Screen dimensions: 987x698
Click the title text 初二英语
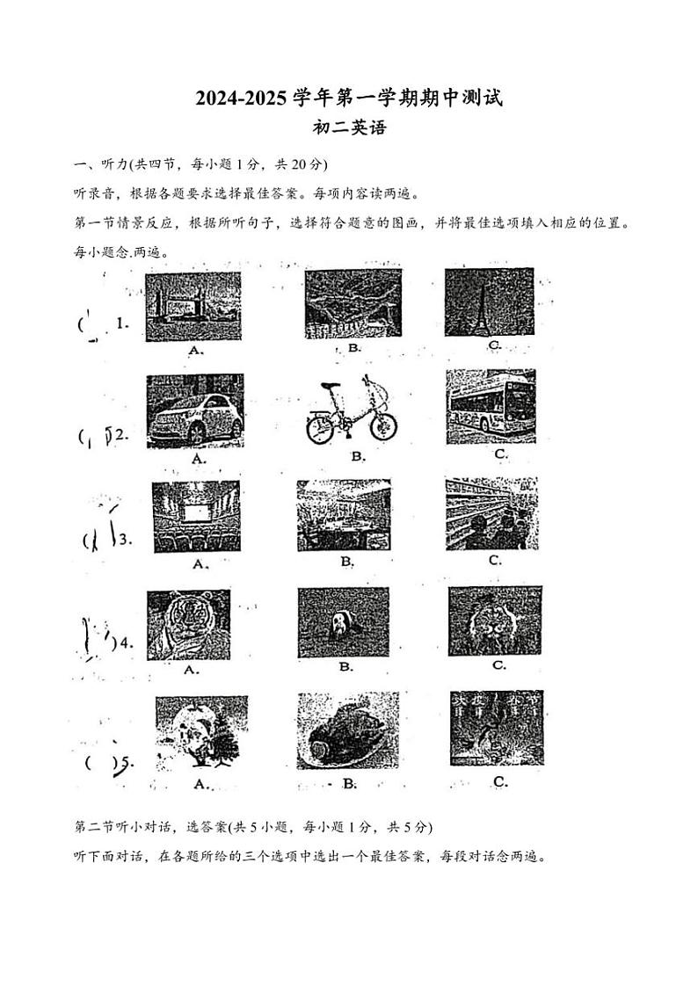(349, 128)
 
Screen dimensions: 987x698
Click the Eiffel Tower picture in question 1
(489, 302)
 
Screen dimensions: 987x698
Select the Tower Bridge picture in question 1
(193, 307)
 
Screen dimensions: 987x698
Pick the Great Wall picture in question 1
(354, 303)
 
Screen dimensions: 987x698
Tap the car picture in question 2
(195, 410)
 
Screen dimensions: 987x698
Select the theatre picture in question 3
(196, 516)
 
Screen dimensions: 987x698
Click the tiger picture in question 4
(188, 624)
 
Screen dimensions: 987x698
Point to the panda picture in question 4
(343, 623)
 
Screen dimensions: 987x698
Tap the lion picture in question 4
(495, 621)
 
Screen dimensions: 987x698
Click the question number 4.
(126, 642)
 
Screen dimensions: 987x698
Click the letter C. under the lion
(498, 665)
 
